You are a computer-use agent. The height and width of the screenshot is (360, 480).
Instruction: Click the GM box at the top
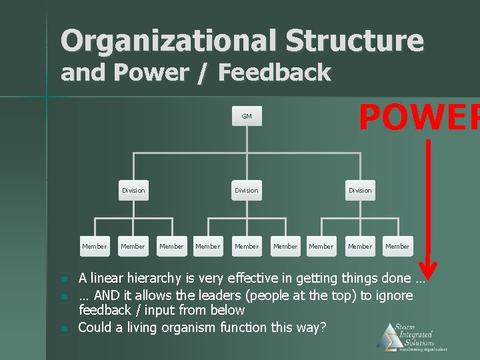coord(247,116)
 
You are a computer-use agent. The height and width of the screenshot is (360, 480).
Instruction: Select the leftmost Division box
coord(133,190)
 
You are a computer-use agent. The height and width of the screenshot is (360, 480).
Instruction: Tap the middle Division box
coord(247,190)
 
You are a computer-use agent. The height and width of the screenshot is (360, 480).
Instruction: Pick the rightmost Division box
coord(360,190)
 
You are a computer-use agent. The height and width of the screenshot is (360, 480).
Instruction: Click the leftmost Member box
coord(94,246)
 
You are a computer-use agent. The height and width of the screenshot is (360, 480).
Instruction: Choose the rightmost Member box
coord(397,246)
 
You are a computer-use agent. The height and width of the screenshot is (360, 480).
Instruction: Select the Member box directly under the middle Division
coord(247,246)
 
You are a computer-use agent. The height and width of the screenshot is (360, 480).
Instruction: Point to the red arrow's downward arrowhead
coord(429,269)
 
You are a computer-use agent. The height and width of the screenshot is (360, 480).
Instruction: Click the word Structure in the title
coord(355,41)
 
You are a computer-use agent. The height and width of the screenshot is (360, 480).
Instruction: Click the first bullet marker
coord(64,279)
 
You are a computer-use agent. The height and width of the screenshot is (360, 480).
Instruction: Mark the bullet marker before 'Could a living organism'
coord(64,329)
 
